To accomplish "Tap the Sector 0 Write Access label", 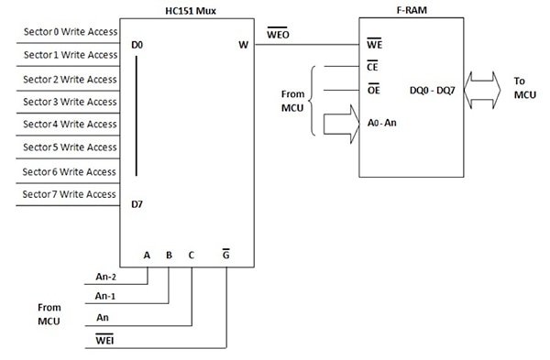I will point(70,31).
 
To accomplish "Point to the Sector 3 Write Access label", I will point(70,101).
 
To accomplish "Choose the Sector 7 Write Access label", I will point(70,194).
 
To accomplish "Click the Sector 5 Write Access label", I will point(70,147).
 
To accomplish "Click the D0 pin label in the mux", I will point(137,44).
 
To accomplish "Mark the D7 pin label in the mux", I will point(137,207).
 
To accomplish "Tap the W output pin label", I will point(242,44).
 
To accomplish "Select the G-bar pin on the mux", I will point(225,256).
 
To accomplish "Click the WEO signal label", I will point(279,34).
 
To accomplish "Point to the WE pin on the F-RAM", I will point(374,44).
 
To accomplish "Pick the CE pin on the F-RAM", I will point(372,67).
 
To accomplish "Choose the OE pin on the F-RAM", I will point(372,90).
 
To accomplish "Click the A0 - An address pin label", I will point(382,121).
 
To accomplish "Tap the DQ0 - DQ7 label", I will point(435,90).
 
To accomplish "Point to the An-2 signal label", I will point(107,274).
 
